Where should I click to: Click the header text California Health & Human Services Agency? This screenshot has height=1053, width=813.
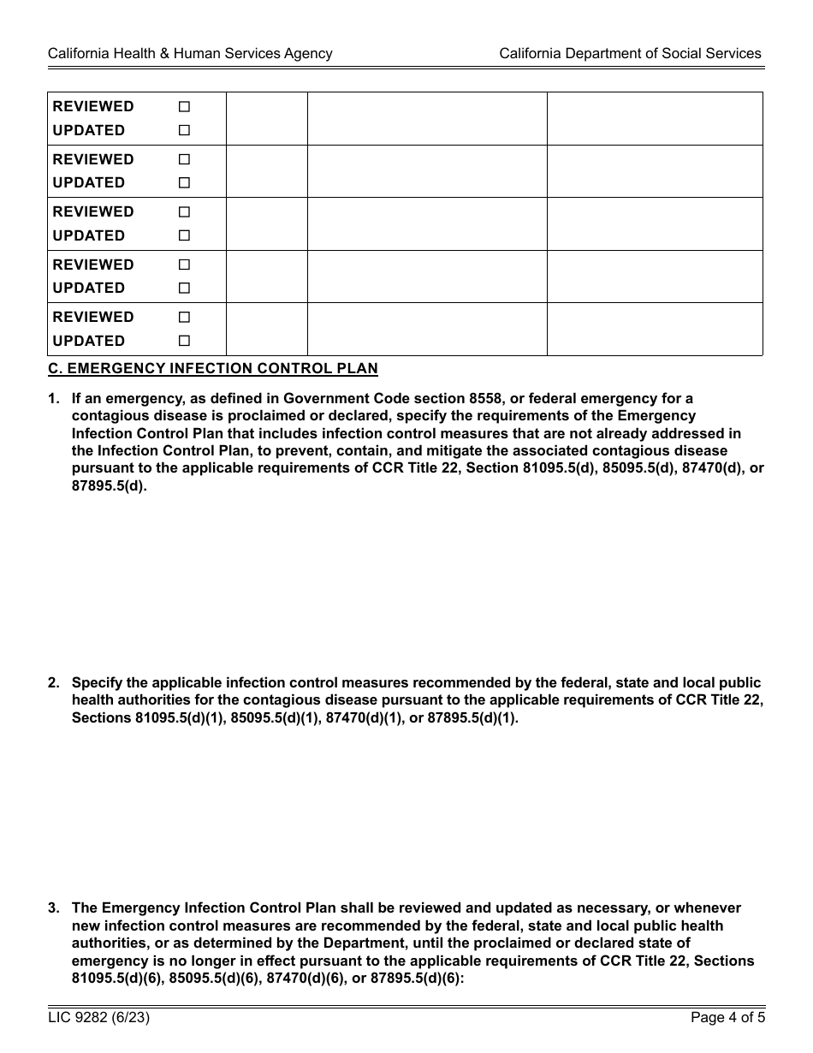click(x=190, y=53)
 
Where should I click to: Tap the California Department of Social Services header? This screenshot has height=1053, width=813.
click(x=630, y=53)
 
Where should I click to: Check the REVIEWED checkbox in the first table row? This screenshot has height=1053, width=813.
click(x=184, y=107)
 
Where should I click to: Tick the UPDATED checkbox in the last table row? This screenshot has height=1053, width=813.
click(x=184, y=341)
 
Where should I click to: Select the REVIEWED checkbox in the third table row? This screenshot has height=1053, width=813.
click(x=184, y=212)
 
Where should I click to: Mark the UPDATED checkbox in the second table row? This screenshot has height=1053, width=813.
click(x=184, y=182)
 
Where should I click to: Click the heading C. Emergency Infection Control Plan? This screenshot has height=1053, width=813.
click(x=213, y=369)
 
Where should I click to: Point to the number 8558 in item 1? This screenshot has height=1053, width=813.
click(x=483, y=398)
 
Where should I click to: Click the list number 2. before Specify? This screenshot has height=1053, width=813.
click(x=54, y=683)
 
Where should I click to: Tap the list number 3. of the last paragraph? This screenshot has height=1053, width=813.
click(x=54, y=908)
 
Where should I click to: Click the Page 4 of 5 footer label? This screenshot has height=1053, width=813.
click(x=727, y=1018)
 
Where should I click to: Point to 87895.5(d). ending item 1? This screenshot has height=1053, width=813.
click(x=110, y=486)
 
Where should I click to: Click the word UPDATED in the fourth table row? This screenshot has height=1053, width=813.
click(x=89, y=288)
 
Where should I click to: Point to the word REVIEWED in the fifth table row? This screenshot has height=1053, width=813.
click(x=93, y=317)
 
